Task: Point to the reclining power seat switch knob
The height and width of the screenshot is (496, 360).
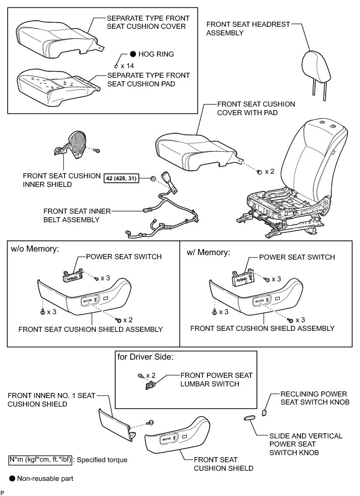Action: [264, 413]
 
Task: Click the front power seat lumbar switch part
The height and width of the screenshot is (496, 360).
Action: [149, 386]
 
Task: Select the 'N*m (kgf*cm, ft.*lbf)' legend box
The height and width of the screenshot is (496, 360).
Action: [40, 460]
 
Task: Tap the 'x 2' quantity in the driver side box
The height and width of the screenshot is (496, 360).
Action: [150, 375]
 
